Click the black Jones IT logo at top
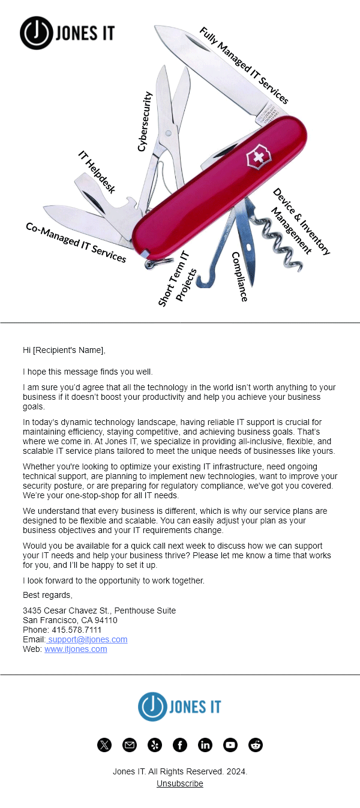pyautogui.click(x=67, y=32)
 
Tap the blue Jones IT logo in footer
pyautogui.click(x=179, y=707)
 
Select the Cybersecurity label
pyautogui.click(x=145, y=121)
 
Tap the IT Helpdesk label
pyautogui.click(x=97, y=171)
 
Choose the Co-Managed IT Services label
pyautogui.click(x=76, y=243)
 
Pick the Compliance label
pyautogui.click(x=239, y=276)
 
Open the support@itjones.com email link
pyautogui.click(x=87, y=639)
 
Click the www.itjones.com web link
pyautogui.click(x=76, y=649)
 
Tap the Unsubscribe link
pyautogui.click(x=180, y=783)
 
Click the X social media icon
pyautogui.click(x=104, y=745)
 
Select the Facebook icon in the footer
pyautogui.click(x=180, y=745)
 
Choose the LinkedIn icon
pyautogui.click(x=205, y=745)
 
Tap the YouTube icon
pyautogui.click(x=230, y=745)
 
